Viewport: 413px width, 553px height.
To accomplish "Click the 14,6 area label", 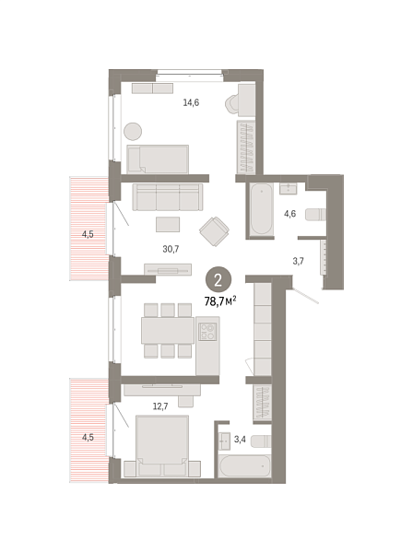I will pyautogui.click(x=191, y=103).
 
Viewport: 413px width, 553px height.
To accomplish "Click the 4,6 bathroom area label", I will pyautogui.click(x=289, y=214).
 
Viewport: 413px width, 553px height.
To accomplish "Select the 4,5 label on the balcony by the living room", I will pyautogui.click(x=88, y=234).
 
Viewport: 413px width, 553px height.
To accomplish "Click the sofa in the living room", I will pyautogui.click(x=167, y=196).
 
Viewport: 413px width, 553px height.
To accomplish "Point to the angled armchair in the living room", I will pyautogui.click(x=218, y=231).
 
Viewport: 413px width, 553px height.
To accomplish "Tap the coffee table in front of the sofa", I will pyautogui.click(x=167, y=224).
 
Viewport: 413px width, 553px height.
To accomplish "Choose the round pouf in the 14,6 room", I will pyautogui.click(x=132, y=131).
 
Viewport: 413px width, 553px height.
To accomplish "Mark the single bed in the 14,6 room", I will pyautogui.click(x=158, y=159).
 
